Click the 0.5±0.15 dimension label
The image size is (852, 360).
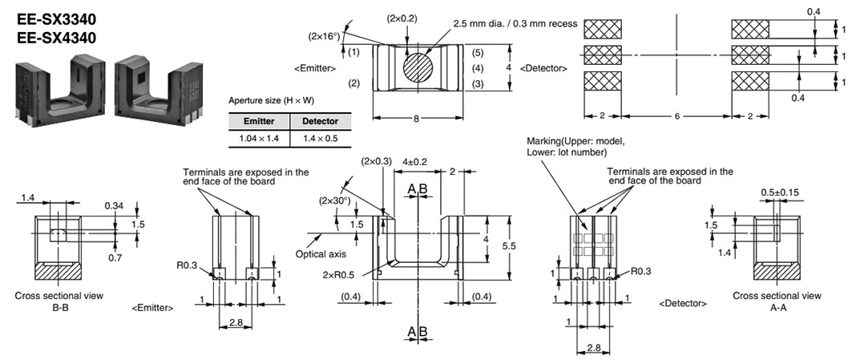779,192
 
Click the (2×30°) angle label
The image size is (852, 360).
334,200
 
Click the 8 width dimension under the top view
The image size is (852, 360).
415,117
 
